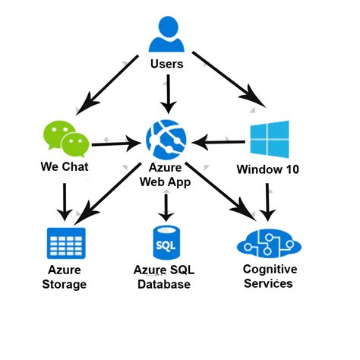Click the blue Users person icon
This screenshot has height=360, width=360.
[x=166, y=34]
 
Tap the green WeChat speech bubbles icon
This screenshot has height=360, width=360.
[x=66, y=139]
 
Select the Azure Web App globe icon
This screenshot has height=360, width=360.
[x=166, y=140]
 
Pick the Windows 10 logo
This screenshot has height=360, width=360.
[x=270, y=139]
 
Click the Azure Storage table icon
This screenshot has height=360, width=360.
[x=66, y=243]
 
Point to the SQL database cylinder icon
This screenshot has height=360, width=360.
[x=166, y=242]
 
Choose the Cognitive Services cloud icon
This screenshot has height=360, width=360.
[x=269, y=243]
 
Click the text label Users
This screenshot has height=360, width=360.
[x=167, y=64]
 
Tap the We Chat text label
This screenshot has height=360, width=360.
[x=65, y=167]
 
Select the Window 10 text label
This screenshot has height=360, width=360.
[x=268, y=169]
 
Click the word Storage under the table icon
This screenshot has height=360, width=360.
[x=65, y=284]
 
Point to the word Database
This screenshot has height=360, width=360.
[x=164, y=284]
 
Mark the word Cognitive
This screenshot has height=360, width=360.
[x=270, y=270]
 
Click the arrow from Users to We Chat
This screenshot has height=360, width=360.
[x=107, y=85]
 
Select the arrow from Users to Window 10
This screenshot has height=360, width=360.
[x=229, y=80]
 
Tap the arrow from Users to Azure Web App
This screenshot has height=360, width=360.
[x=168, y=94]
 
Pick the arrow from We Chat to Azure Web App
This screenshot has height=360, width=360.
[x=116, y=144]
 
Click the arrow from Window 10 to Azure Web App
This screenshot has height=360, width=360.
[x=218, y=142]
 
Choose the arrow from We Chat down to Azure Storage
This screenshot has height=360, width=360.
[x=65, y=202]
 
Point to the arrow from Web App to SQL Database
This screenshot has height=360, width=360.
[x=166, y=208]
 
